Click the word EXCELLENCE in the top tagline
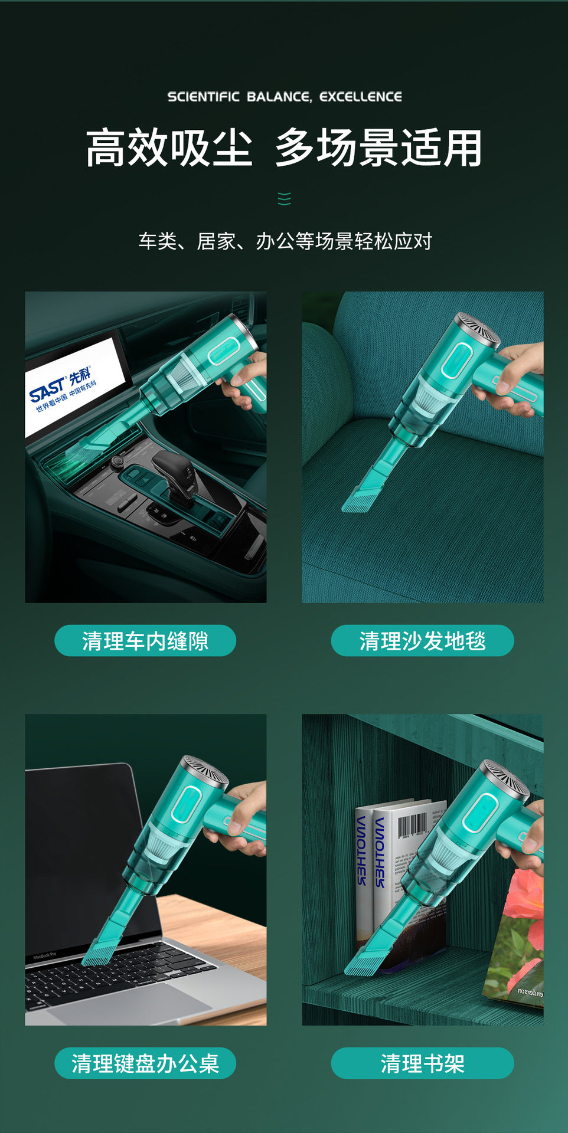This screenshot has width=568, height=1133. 360,97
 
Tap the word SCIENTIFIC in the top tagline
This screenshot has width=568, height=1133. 203,97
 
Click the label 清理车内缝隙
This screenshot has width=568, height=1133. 145,641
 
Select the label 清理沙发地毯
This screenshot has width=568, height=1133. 422,641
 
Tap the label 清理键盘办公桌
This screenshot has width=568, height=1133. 145,1063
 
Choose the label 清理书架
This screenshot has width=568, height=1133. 422,1063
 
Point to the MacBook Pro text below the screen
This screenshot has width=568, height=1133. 45,955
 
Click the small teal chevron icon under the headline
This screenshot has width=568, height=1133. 284,199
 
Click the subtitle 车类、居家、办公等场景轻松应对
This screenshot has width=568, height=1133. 285,241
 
